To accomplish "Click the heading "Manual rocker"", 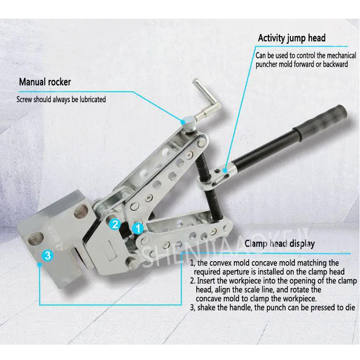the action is pos(45,82).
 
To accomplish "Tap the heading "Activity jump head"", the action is pos(291,38).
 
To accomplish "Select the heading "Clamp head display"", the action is pos(279,243).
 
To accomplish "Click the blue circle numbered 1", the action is pos(138,228).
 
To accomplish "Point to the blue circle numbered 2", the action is pos(115,224).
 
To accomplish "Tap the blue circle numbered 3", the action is pos(48,255).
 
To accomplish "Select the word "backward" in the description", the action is pos(336,64).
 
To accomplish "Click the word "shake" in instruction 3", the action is pos(206,307).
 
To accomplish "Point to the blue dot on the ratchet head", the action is pos(225,170).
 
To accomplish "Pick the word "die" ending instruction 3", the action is pos(349,307).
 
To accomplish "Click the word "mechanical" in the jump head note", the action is pos(341,56).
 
